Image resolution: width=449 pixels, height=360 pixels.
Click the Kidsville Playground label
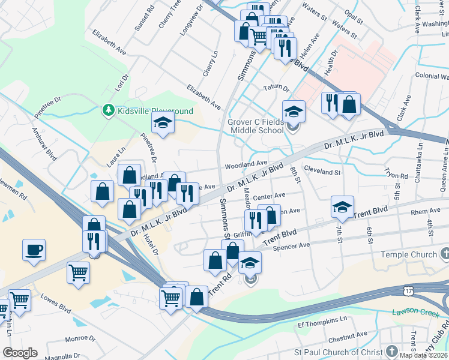(155, 111)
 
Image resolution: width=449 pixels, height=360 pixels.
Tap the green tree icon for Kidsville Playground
(108, 110)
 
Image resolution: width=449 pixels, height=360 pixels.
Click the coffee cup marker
(34, 249)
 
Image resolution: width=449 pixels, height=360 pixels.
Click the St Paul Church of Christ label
(339, 352)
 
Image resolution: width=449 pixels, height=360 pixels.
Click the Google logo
(20, 352)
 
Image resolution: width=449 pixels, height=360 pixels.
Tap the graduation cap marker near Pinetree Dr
(163, 123)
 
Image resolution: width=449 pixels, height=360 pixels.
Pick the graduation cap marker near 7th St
(342, 207)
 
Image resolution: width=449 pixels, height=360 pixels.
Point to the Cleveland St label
(322, 172)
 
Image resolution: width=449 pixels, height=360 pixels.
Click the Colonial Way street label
(432, 76)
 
